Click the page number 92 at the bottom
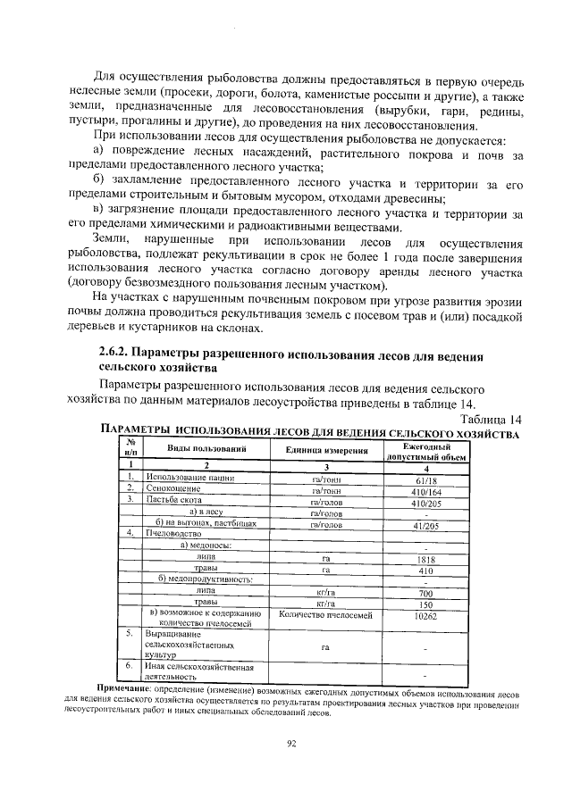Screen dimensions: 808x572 pos(291,743)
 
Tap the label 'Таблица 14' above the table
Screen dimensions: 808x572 pos(490,420)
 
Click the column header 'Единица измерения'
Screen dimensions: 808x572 pos(327,448)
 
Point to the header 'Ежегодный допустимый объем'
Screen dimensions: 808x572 pos(425,449)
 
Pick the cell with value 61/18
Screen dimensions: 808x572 pos(425,479)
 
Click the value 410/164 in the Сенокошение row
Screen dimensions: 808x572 pos(425,491)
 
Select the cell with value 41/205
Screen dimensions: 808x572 pos(425,526)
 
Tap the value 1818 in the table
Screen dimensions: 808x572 pos(425,560)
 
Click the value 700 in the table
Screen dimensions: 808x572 pos(425,593)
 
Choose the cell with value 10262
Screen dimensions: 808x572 pos(425,615)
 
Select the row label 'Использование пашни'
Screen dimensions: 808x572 pos(184,479)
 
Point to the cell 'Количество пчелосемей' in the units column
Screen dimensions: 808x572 pos(327,615)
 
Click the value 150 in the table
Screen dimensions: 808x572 pos(425,604)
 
